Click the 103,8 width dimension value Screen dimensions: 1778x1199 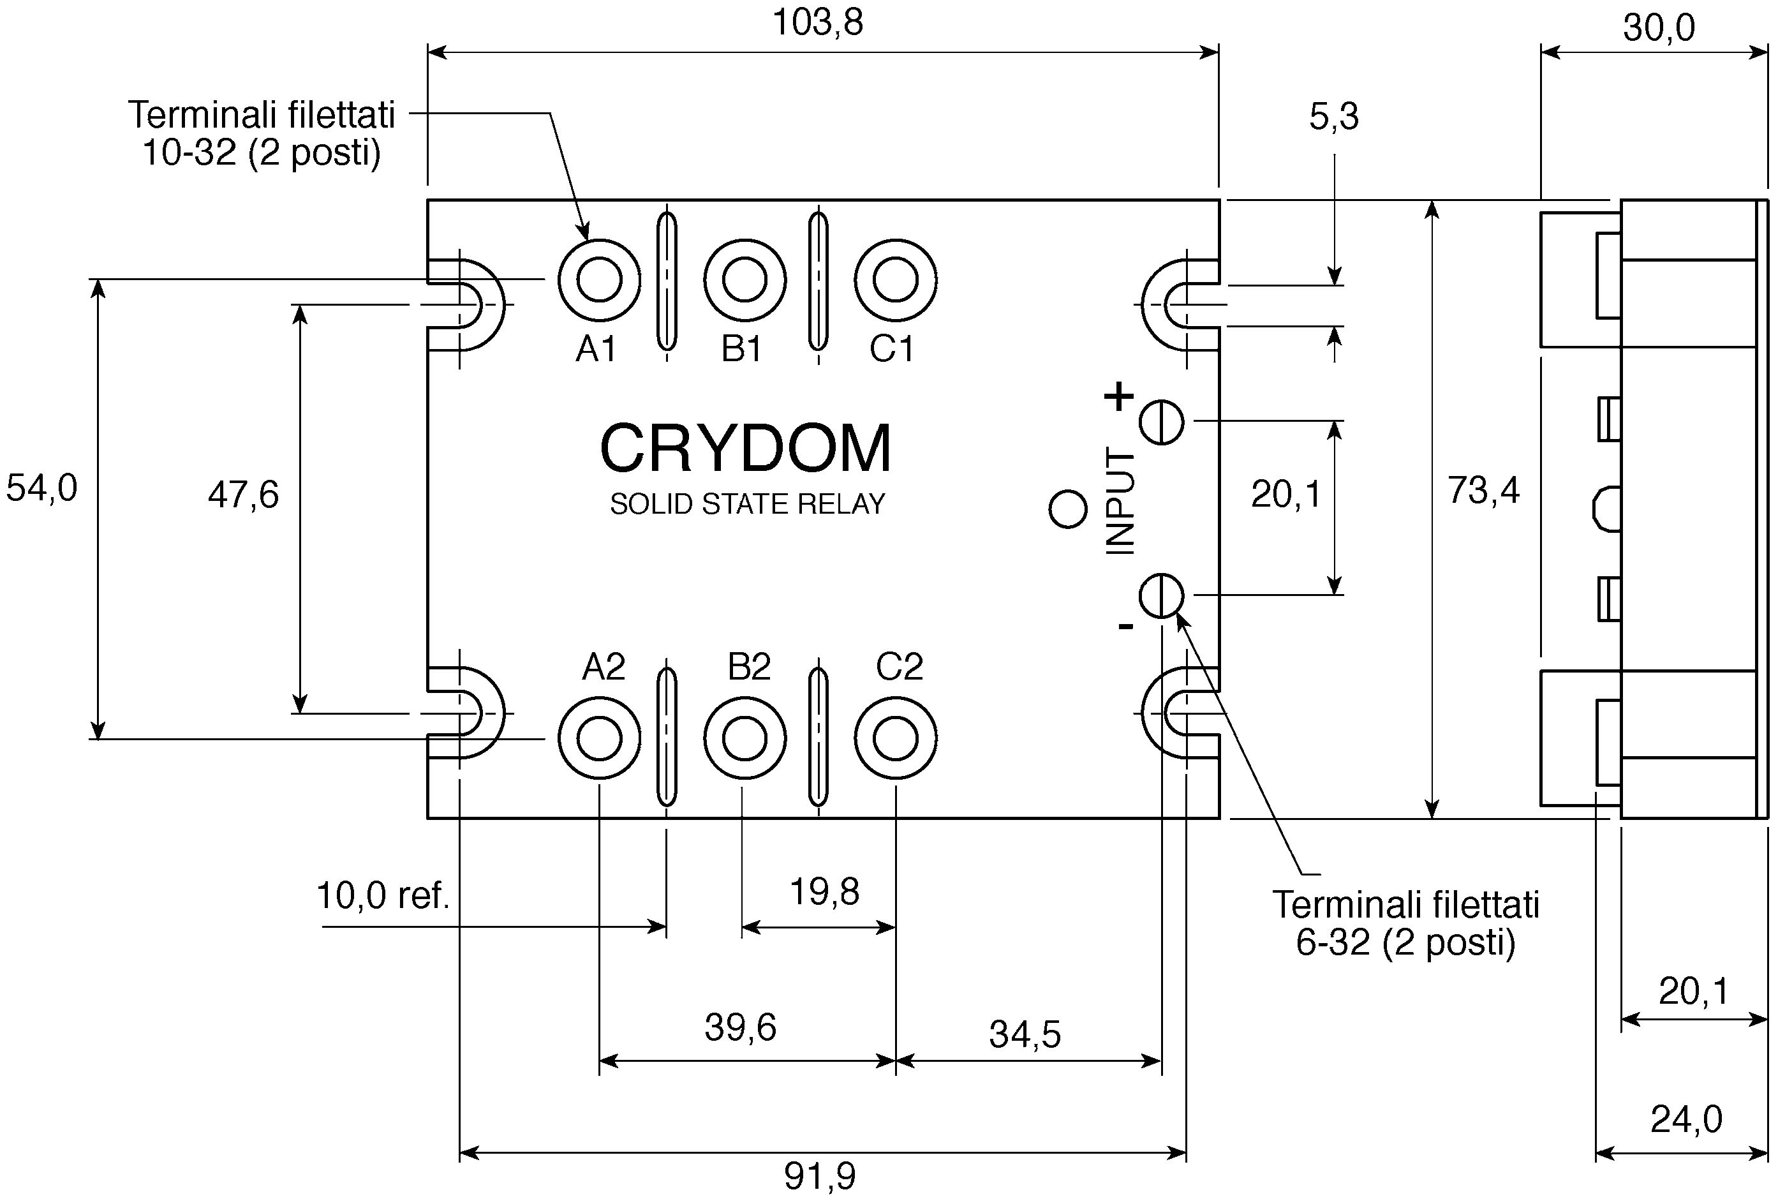(x=817, y=22)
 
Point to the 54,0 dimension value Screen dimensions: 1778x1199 (x=41, y=488)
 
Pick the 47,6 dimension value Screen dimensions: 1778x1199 (x=243, y=495)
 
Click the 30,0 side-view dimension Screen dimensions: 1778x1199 (x=1659, y=27)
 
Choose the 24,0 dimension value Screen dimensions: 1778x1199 (x=1686, y=1119)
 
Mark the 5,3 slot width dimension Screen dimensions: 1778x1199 (x=1334, y=117)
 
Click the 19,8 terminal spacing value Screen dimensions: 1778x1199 (x=824, y=891)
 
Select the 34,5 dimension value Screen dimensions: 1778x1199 (x=1025, y=1034)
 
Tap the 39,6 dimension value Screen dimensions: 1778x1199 (x=740, y=1028)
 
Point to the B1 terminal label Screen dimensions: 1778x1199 (x=741, y=348)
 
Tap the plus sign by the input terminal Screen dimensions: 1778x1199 (x=1119, y=397)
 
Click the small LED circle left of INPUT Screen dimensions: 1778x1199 (x=1069, y=509)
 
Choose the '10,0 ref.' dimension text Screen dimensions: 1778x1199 (x=382, y=895)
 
